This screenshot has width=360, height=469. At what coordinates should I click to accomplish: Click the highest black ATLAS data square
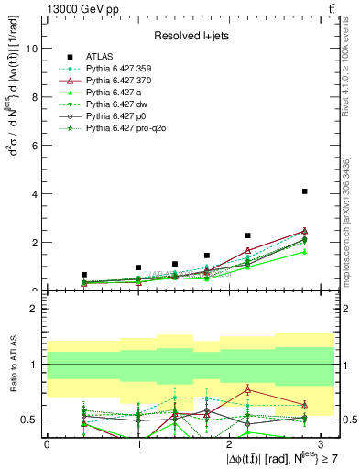pos(304,191)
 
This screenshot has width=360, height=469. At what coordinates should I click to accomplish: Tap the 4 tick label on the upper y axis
pos(35,194)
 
